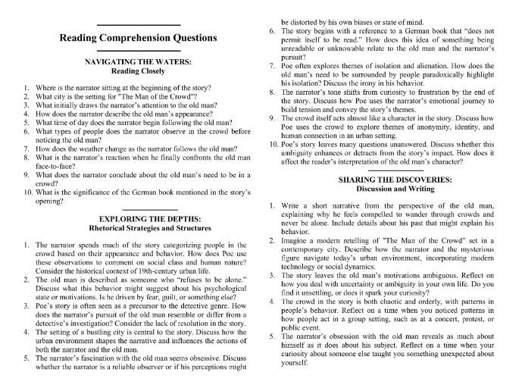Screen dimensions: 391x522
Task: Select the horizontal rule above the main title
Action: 137,26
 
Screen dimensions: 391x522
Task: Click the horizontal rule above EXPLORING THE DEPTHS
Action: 137,208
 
